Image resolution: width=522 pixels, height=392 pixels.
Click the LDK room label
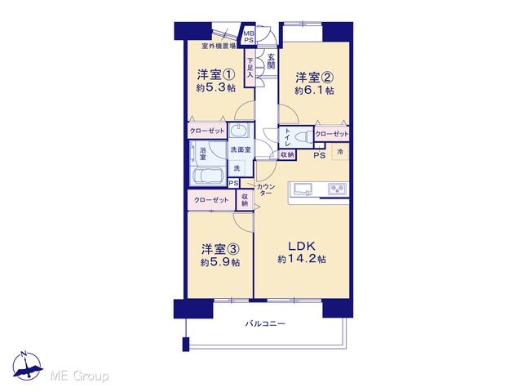click(x=301, y=247)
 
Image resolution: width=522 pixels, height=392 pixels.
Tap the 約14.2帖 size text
click(x=302, y=260)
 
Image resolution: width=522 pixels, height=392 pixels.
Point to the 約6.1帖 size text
click(x=314, y=91)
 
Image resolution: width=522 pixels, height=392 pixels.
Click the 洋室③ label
click(x=220, y=249)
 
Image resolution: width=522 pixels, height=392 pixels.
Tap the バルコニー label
click(x=265, y=323)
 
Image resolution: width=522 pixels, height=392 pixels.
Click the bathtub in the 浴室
click(x=209, y=176)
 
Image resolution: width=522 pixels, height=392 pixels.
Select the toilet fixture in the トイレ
click(x=304, y=137)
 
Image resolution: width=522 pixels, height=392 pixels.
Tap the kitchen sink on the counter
click(x=303, y=189)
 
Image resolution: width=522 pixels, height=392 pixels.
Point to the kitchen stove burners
click(x=338, y=189)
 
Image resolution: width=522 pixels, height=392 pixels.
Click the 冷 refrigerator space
click(x=340, y=152)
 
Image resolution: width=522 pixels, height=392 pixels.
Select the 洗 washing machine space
click(x=237, y=167)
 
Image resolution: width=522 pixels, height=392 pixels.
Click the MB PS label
click(x=249, y=37)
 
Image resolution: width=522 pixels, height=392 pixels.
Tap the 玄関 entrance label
click(x=272, y=61)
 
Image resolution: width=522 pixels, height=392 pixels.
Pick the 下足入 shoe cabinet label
click(x=250, y=69)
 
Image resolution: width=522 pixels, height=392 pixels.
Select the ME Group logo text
click(x=79, y=376)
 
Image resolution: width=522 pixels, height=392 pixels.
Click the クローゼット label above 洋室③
click(x=211, y=200)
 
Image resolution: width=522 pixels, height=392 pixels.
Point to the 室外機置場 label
click(x=219, y=46)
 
